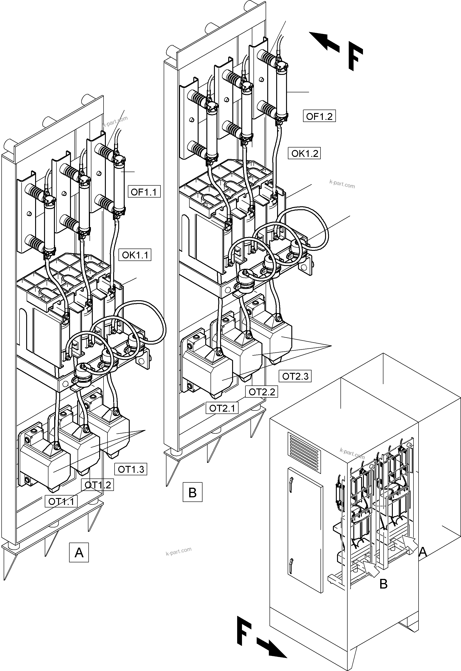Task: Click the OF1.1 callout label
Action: point(144,192)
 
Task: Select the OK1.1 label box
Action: point(135,255)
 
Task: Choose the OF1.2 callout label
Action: point(319,116)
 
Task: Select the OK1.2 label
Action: point(304,153)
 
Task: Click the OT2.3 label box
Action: point(295,376)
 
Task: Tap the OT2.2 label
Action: point(262,392)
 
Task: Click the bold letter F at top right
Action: point(355,56)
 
